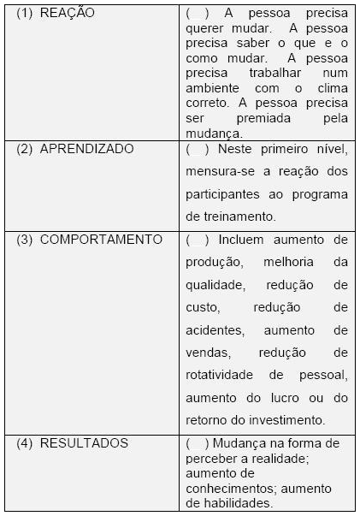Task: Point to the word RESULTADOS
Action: pos(85,442)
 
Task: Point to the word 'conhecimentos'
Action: pos(227,489)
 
